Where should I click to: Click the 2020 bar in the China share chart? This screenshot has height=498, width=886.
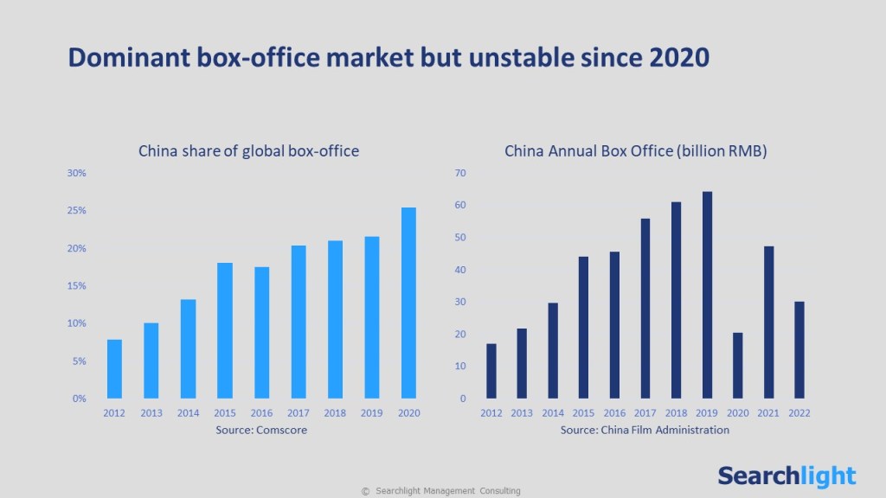(x=408, y=303)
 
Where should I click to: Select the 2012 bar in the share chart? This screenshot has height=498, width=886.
(x=114, y=368)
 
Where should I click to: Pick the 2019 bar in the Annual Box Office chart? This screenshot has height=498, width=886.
(x=707, y=295)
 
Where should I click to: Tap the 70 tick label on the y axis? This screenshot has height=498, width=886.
(x=460, y=173)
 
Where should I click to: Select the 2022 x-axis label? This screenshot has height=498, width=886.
(x=799, y=413)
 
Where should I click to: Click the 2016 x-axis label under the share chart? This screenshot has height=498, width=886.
(x=261, y=413)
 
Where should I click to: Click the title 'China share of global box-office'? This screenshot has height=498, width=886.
(x=248, y=151)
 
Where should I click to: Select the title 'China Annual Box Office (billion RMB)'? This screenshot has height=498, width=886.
(x=636, y=151)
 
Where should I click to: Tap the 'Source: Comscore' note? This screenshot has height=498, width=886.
(x=261, y=430)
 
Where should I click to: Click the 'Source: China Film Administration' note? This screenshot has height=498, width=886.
(x=645, y=430)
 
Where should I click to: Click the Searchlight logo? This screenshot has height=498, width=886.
(x=786, y=476)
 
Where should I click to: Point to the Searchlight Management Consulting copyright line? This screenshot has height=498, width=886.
(x=441, y=491)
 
